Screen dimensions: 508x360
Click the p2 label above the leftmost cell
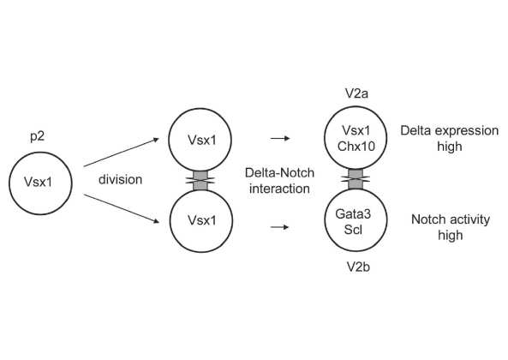tap(37, 136)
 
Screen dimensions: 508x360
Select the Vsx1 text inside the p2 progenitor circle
tap(38, 182)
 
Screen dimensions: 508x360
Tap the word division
tap(120, 179)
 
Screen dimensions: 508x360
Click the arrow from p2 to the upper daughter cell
tap(121, 153)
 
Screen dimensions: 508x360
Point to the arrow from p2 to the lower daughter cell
tap(121, 208)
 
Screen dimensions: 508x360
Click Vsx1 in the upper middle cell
tap(201, 140)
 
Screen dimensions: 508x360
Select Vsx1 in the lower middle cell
tap(201, 220)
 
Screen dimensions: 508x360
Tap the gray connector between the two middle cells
tap(200, 181)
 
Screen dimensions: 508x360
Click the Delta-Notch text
tap(279, 172)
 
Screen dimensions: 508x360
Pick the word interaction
tap(279, 189)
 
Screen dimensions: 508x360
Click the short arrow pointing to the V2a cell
tap(280, 138)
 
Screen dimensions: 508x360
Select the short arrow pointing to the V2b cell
tap(279, 227)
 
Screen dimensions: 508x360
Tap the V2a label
tap(356, 93)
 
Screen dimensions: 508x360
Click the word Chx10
tap(356, 146)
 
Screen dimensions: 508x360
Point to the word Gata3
tap(353, 214)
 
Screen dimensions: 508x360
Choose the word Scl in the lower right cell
tap(353, 230)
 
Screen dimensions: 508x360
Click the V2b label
tap(358, 267)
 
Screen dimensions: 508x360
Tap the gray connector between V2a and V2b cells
tap(356, 179)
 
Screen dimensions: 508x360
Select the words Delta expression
tap(450, 131)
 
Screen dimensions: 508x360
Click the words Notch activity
tap(451, 219)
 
